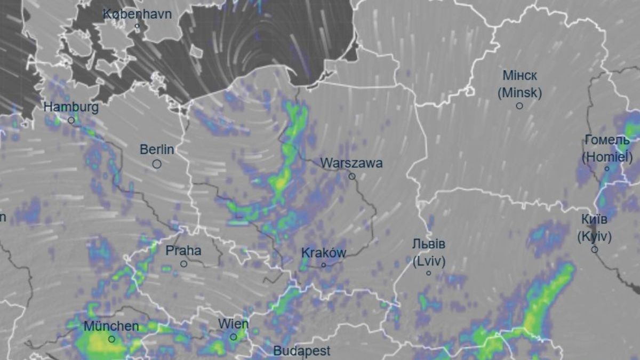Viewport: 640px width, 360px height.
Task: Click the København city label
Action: point(137,14)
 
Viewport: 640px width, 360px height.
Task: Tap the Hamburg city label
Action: point(71,107)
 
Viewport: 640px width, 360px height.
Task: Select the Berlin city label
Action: point(157,150)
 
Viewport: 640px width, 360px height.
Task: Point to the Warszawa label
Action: point(351,163)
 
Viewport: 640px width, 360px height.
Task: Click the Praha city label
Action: point(183,250)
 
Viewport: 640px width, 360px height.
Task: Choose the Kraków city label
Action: point(324,253)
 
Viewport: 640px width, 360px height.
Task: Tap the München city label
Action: point(111,326)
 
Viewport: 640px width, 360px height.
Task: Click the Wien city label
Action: point(233,324)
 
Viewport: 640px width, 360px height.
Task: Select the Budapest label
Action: point(302,351)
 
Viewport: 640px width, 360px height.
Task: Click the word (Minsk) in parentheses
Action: point(519,93)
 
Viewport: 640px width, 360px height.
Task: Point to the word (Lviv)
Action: point(429,261)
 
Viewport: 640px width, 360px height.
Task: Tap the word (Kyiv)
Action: point(594,236)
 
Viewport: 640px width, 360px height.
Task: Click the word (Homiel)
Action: point(607,157)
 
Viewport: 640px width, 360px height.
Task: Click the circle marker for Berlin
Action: point(157,164)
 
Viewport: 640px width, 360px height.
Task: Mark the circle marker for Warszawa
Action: point(352,176)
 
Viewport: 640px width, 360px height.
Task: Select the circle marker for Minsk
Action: point(519,106)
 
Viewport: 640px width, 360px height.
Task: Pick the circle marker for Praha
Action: point(183,263)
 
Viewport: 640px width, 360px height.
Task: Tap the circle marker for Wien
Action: point(233,337)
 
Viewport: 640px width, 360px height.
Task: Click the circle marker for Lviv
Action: point(428,273)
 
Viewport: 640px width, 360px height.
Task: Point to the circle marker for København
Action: point(137,26)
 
